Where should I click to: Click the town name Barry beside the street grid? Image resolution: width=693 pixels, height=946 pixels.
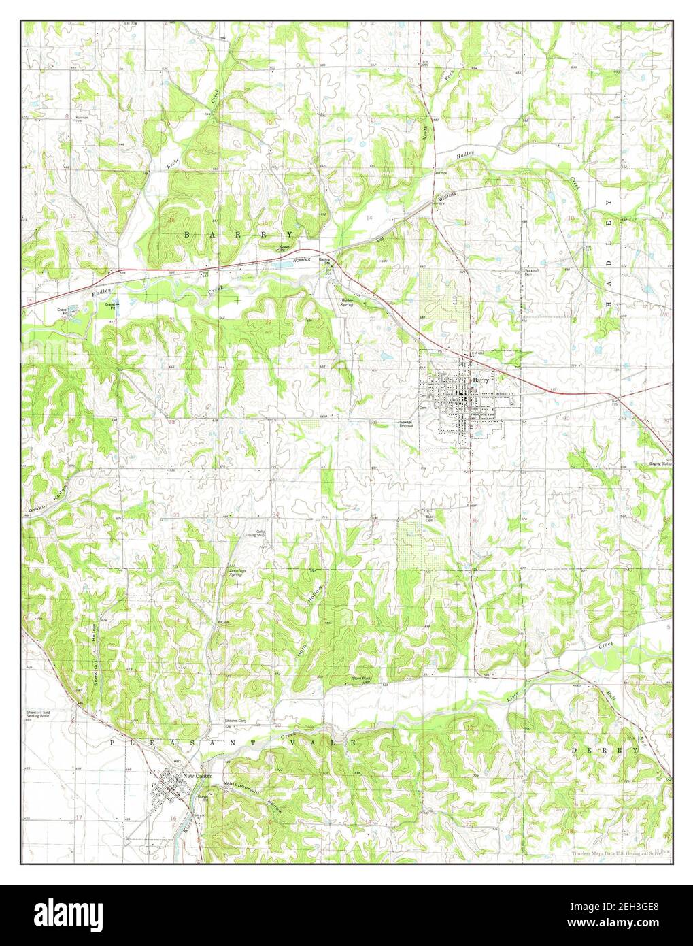[x=481, y=380]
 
